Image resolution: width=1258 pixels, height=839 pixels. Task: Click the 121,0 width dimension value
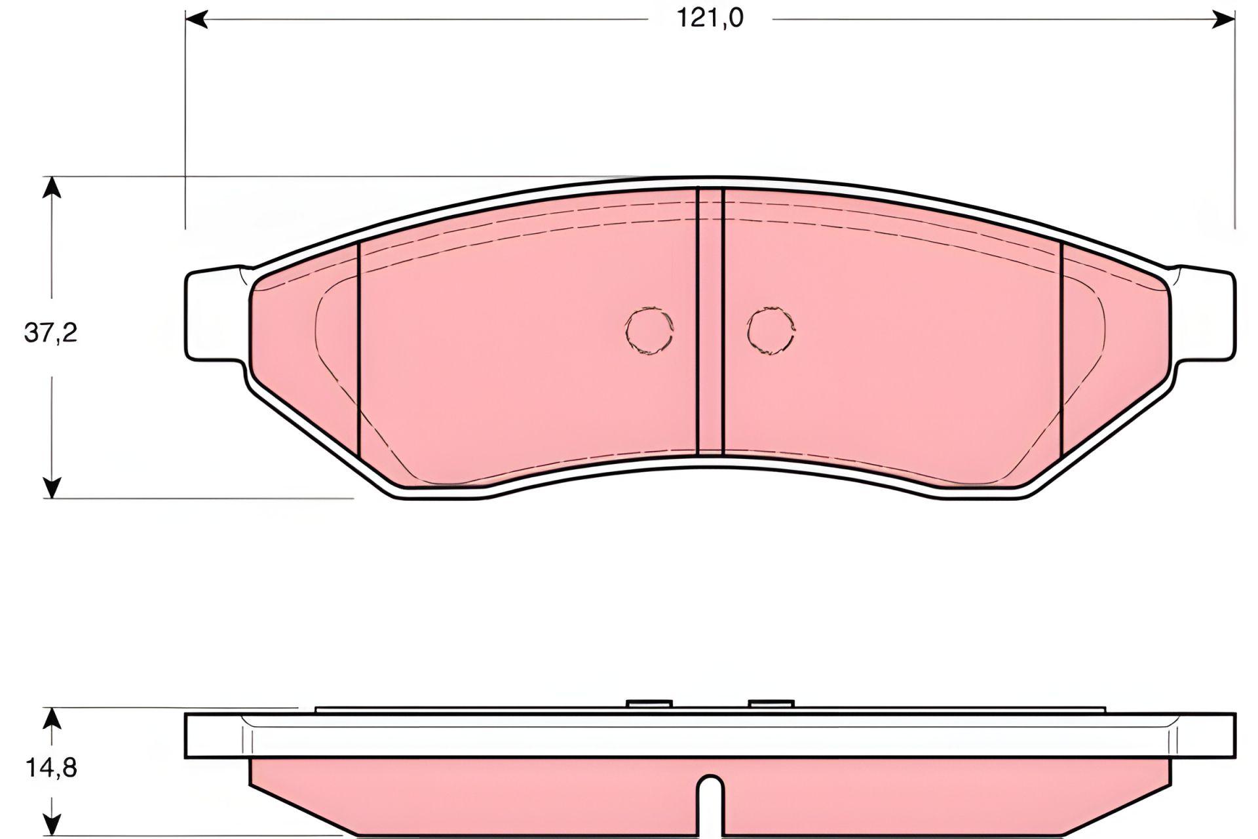point(710,18)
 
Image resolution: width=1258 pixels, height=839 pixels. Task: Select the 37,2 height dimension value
point(51,334)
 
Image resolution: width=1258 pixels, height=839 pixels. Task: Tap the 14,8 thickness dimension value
point(51,768)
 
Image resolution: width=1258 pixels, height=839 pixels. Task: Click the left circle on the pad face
point(649,332)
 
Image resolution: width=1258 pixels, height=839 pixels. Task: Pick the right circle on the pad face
point(771,332)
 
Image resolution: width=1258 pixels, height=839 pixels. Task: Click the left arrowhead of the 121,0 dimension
point(197,19)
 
